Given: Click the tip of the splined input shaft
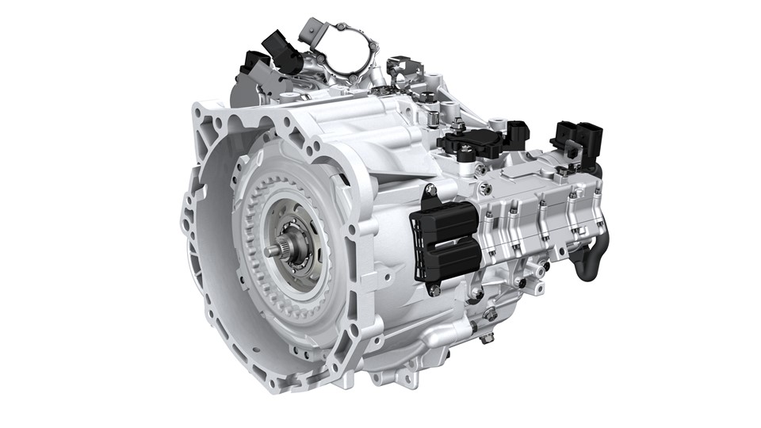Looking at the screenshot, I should (x=272, y=250).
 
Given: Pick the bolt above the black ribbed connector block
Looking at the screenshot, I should (x=430, y=189).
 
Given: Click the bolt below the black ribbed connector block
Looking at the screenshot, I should (x=434, y=291).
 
